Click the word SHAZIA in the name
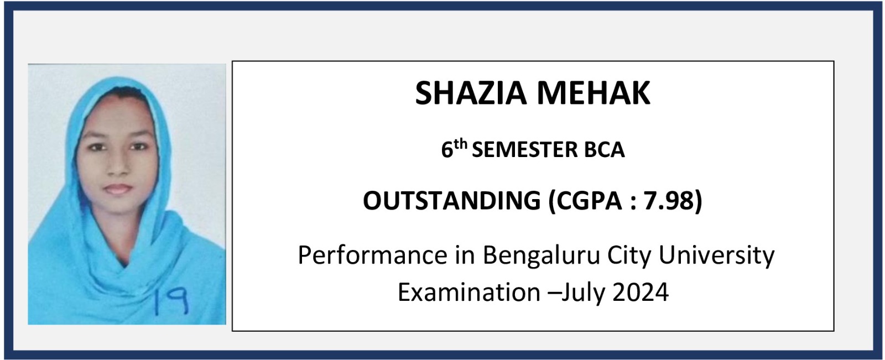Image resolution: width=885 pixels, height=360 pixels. point(471,93)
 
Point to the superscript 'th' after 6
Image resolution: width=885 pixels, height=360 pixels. point(461,144)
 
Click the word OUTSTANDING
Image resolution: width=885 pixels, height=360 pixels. point(451,200)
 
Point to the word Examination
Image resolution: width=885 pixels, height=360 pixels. point(469,293)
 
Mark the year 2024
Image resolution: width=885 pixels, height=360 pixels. point(641,293)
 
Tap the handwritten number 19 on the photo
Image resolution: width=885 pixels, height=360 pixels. point(171,301)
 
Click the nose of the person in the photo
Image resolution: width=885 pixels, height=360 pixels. point(117,166)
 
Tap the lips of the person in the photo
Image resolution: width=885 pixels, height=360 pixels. point(118,189)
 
